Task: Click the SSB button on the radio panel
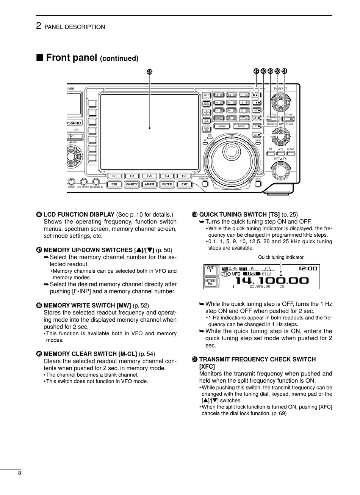coord(114,184)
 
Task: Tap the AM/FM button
coord(150,184)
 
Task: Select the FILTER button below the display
coord(167,184)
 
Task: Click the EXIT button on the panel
coord(185,184)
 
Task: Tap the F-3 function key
coord(149,176)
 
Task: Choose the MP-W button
coord(221,126)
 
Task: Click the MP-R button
coord(241,126)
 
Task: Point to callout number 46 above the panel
coord(150,72)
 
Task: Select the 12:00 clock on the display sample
coord(307,269)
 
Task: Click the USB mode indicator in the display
coord(251,274)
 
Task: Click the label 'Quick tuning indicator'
coord(281,258)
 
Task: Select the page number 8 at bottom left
coord(19,473)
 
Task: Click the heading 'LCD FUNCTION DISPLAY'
coord(79,215)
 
